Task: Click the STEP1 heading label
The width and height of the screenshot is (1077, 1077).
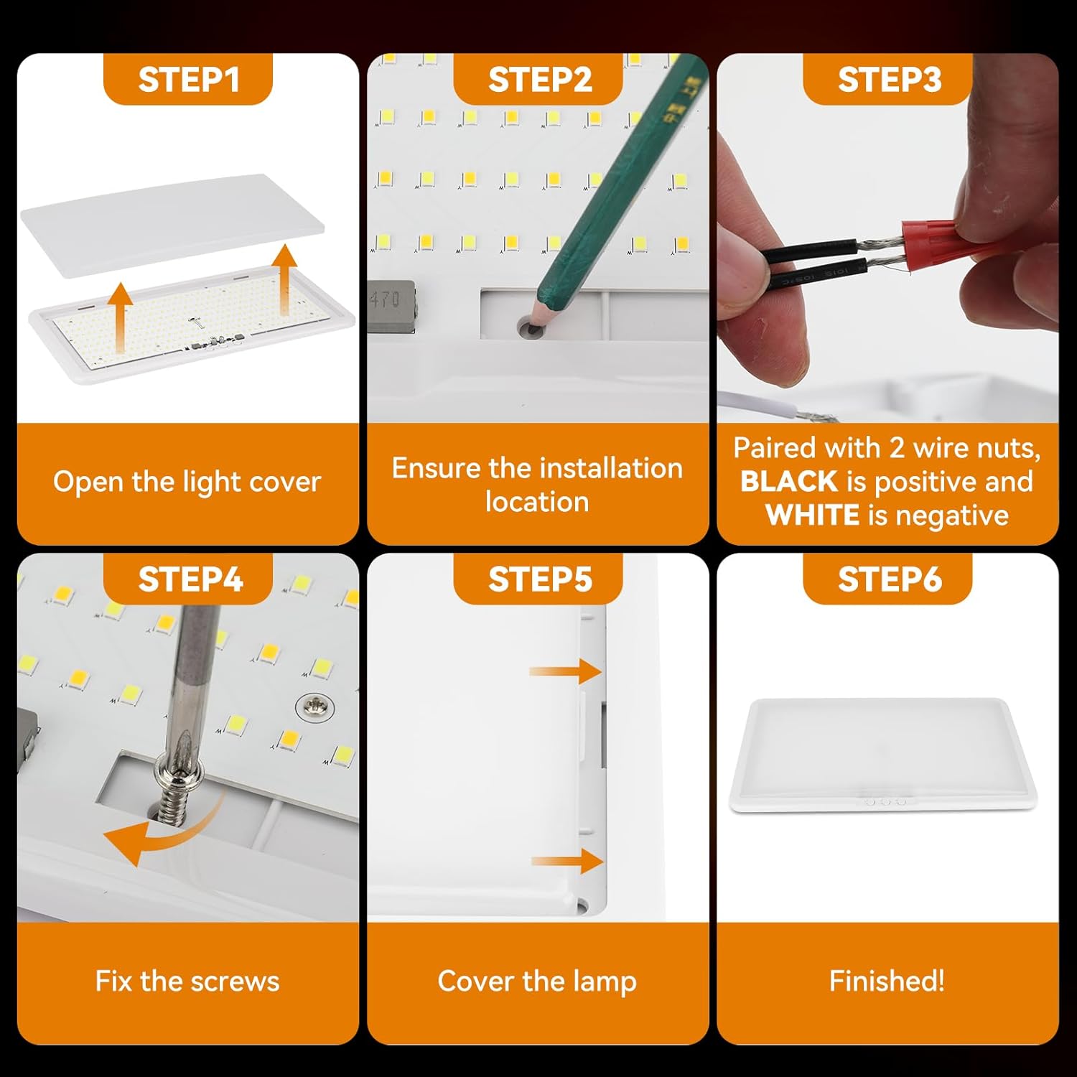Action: click(x=188, y=80)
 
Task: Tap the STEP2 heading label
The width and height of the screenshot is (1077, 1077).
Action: click(x=540, y=80)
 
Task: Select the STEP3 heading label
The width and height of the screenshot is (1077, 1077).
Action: click(x=890, y=80)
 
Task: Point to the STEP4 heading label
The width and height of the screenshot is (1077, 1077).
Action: click(x=190, y=579)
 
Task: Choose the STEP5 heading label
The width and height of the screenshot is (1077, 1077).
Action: click(x=540, y=579)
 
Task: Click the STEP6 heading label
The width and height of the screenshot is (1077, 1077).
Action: click(x=890, y=579)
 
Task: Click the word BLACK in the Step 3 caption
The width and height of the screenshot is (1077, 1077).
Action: click(x=789, y=481)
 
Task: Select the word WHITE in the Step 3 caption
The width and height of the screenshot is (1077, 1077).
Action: click(x=812, y=515)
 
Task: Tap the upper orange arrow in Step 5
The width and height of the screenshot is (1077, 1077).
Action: click(x=565, y=671)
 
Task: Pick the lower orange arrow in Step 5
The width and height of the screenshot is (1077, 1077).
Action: click(x=567, y=861)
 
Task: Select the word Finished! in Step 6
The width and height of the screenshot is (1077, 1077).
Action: click(x=887, y=981)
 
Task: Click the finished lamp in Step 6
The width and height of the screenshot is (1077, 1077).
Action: click(x=883, y=755)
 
